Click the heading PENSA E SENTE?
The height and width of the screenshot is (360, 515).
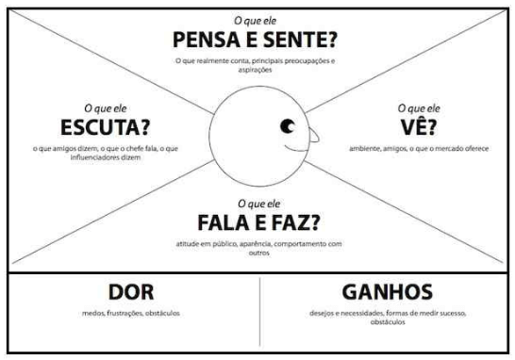256,40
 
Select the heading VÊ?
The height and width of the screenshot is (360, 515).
419,126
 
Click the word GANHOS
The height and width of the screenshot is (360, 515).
389,292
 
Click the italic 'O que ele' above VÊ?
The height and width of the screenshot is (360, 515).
419,107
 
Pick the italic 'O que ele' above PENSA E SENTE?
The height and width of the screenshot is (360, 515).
256,20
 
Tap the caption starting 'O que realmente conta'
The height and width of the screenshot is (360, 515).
256,65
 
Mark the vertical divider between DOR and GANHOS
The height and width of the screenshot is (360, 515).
260,311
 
